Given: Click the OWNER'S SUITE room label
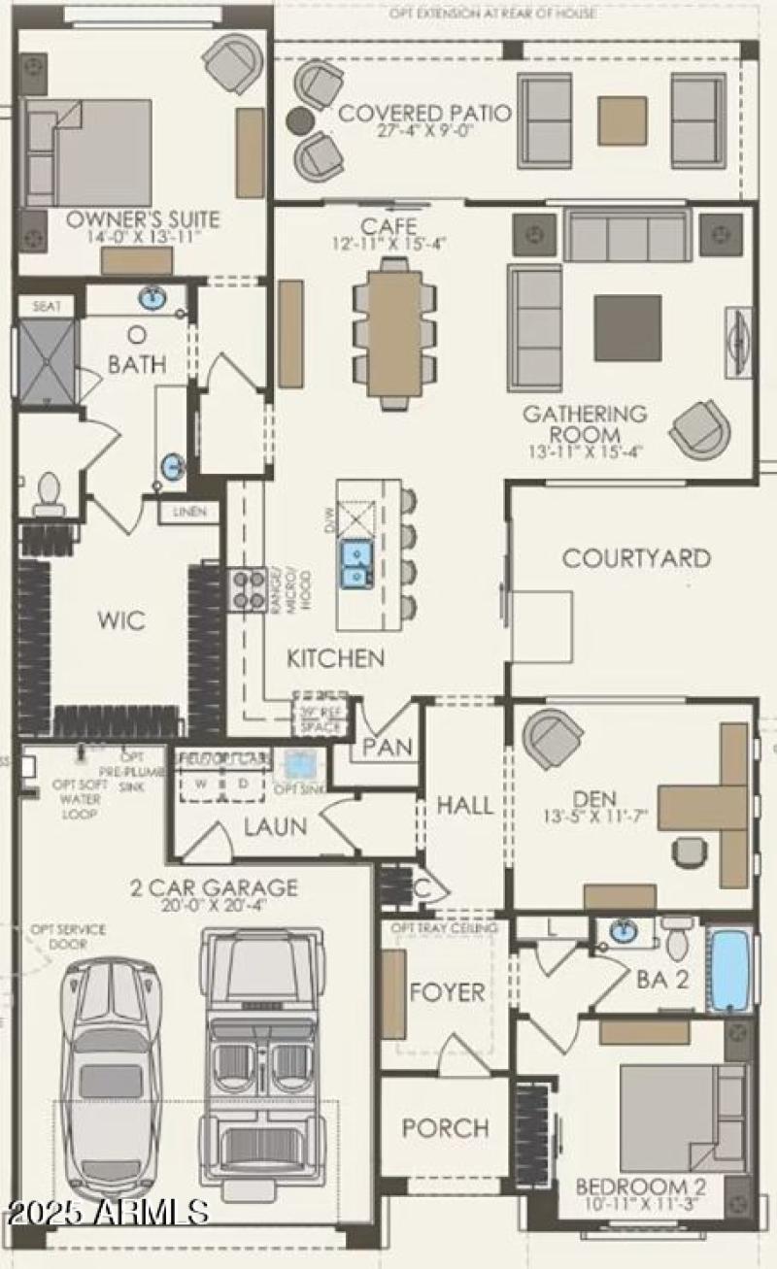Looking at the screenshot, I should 143,219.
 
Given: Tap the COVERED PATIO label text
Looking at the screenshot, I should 424,114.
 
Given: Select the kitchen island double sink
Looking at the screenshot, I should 355,564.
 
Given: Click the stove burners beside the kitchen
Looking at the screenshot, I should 248,588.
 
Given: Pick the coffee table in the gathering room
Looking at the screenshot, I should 627,328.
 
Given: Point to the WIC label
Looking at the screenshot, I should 121,620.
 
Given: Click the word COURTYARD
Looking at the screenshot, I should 636,558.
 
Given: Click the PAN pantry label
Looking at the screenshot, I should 388,748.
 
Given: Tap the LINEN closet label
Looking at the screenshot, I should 189,512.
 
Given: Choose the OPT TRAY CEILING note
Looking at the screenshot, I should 443,928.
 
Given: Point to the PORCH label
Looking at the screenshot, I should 445,1128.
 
